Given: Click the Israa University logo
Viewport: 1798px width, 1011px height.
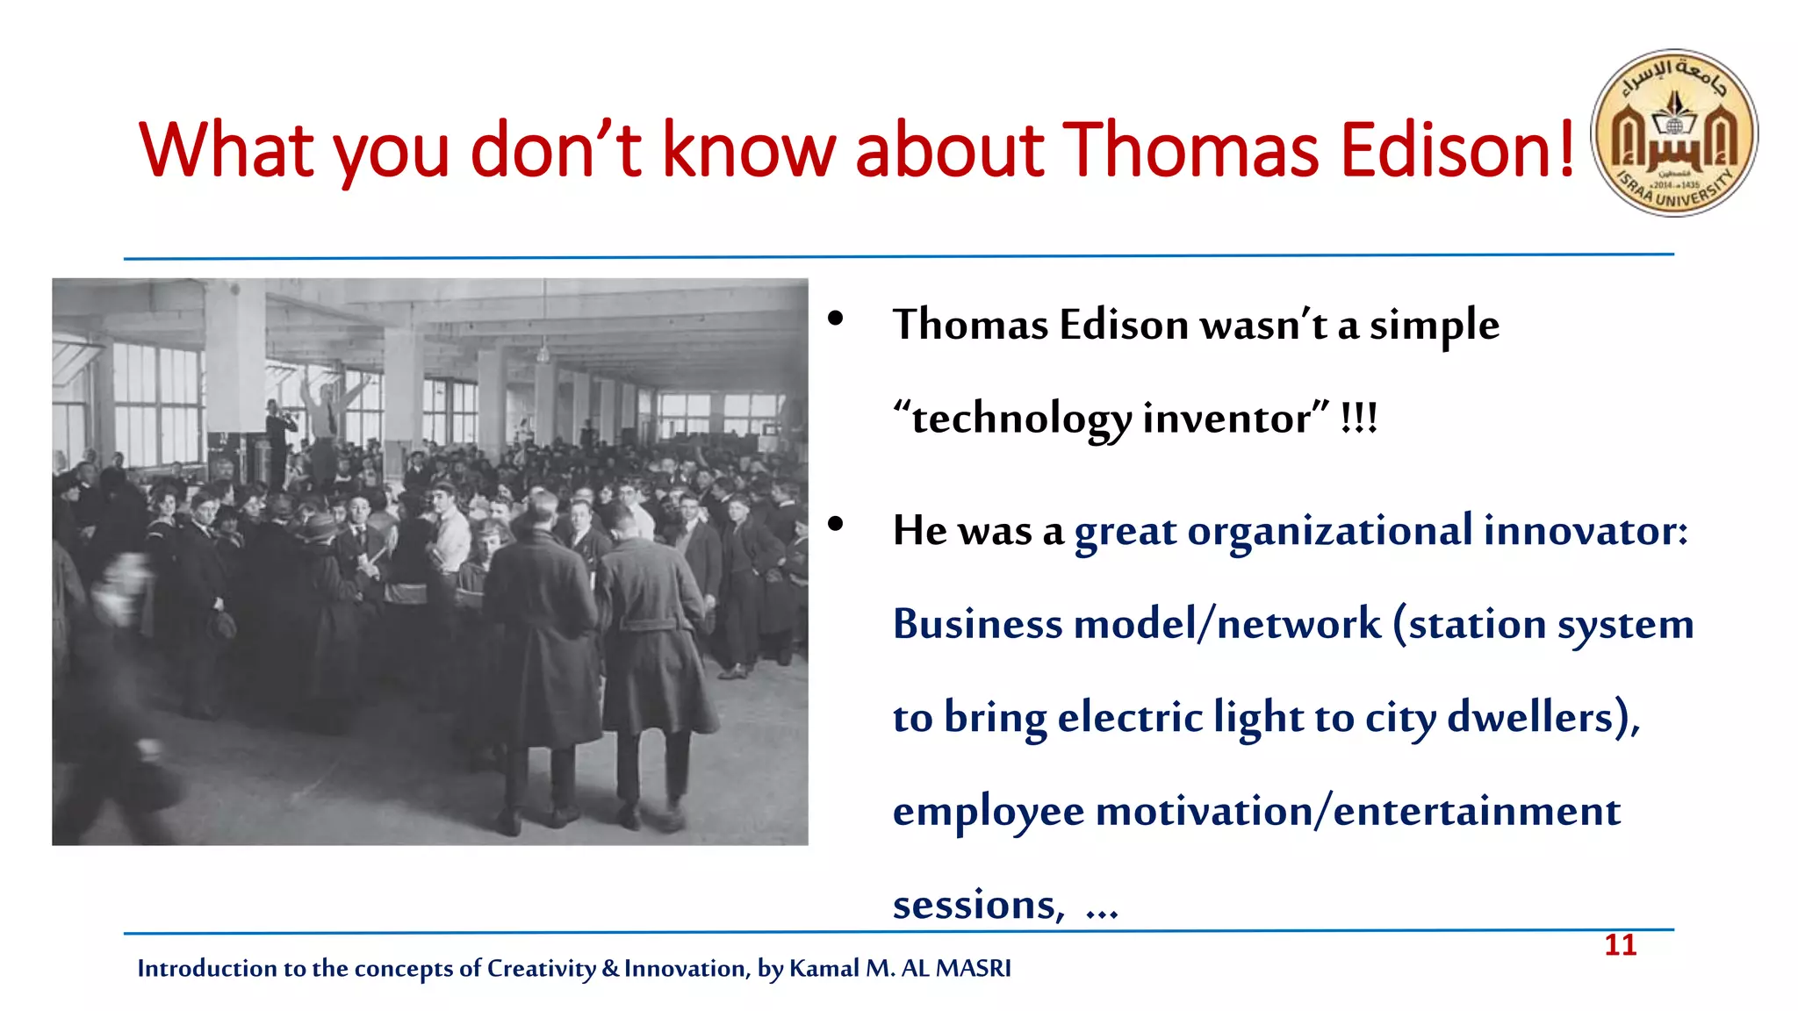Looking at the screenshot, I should pyautogui.click(x=1674, y=133).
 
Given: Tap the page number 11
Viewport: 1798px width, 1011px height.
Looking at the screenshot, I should pyautogui.click(x=1620, y=945).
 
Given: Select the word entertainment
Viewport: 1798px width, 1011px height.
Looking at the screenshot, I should pyautogui.click(x=1476, y=811).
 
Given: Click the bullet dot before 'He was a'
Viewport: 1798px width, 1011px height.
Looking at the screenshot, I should pyautogui.click(x=835, y=524).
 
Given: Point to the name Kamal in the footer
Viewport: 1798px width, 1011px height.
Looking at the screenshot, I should pyautogui.click(x=823, y=968).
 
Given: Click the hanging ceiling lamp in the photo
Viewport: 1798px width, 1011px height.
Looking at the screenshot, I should pyautogui.click(x=543, y=353).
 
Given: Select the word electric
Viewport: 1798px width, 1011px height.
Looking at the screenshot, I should pyautogui.click(x=1129, y=718).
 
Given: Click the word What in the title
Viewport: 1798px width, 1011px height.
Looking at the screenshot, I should pyautogui.click(x=226, y=150).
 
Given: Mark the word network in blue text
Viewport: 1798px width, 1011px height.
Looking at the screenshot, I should pyautogui.click(x=1298, y=624).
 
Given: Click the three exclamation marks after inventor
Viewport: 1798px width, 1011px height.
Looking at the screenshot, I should pyautogui.click(x=1359, y=419).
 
